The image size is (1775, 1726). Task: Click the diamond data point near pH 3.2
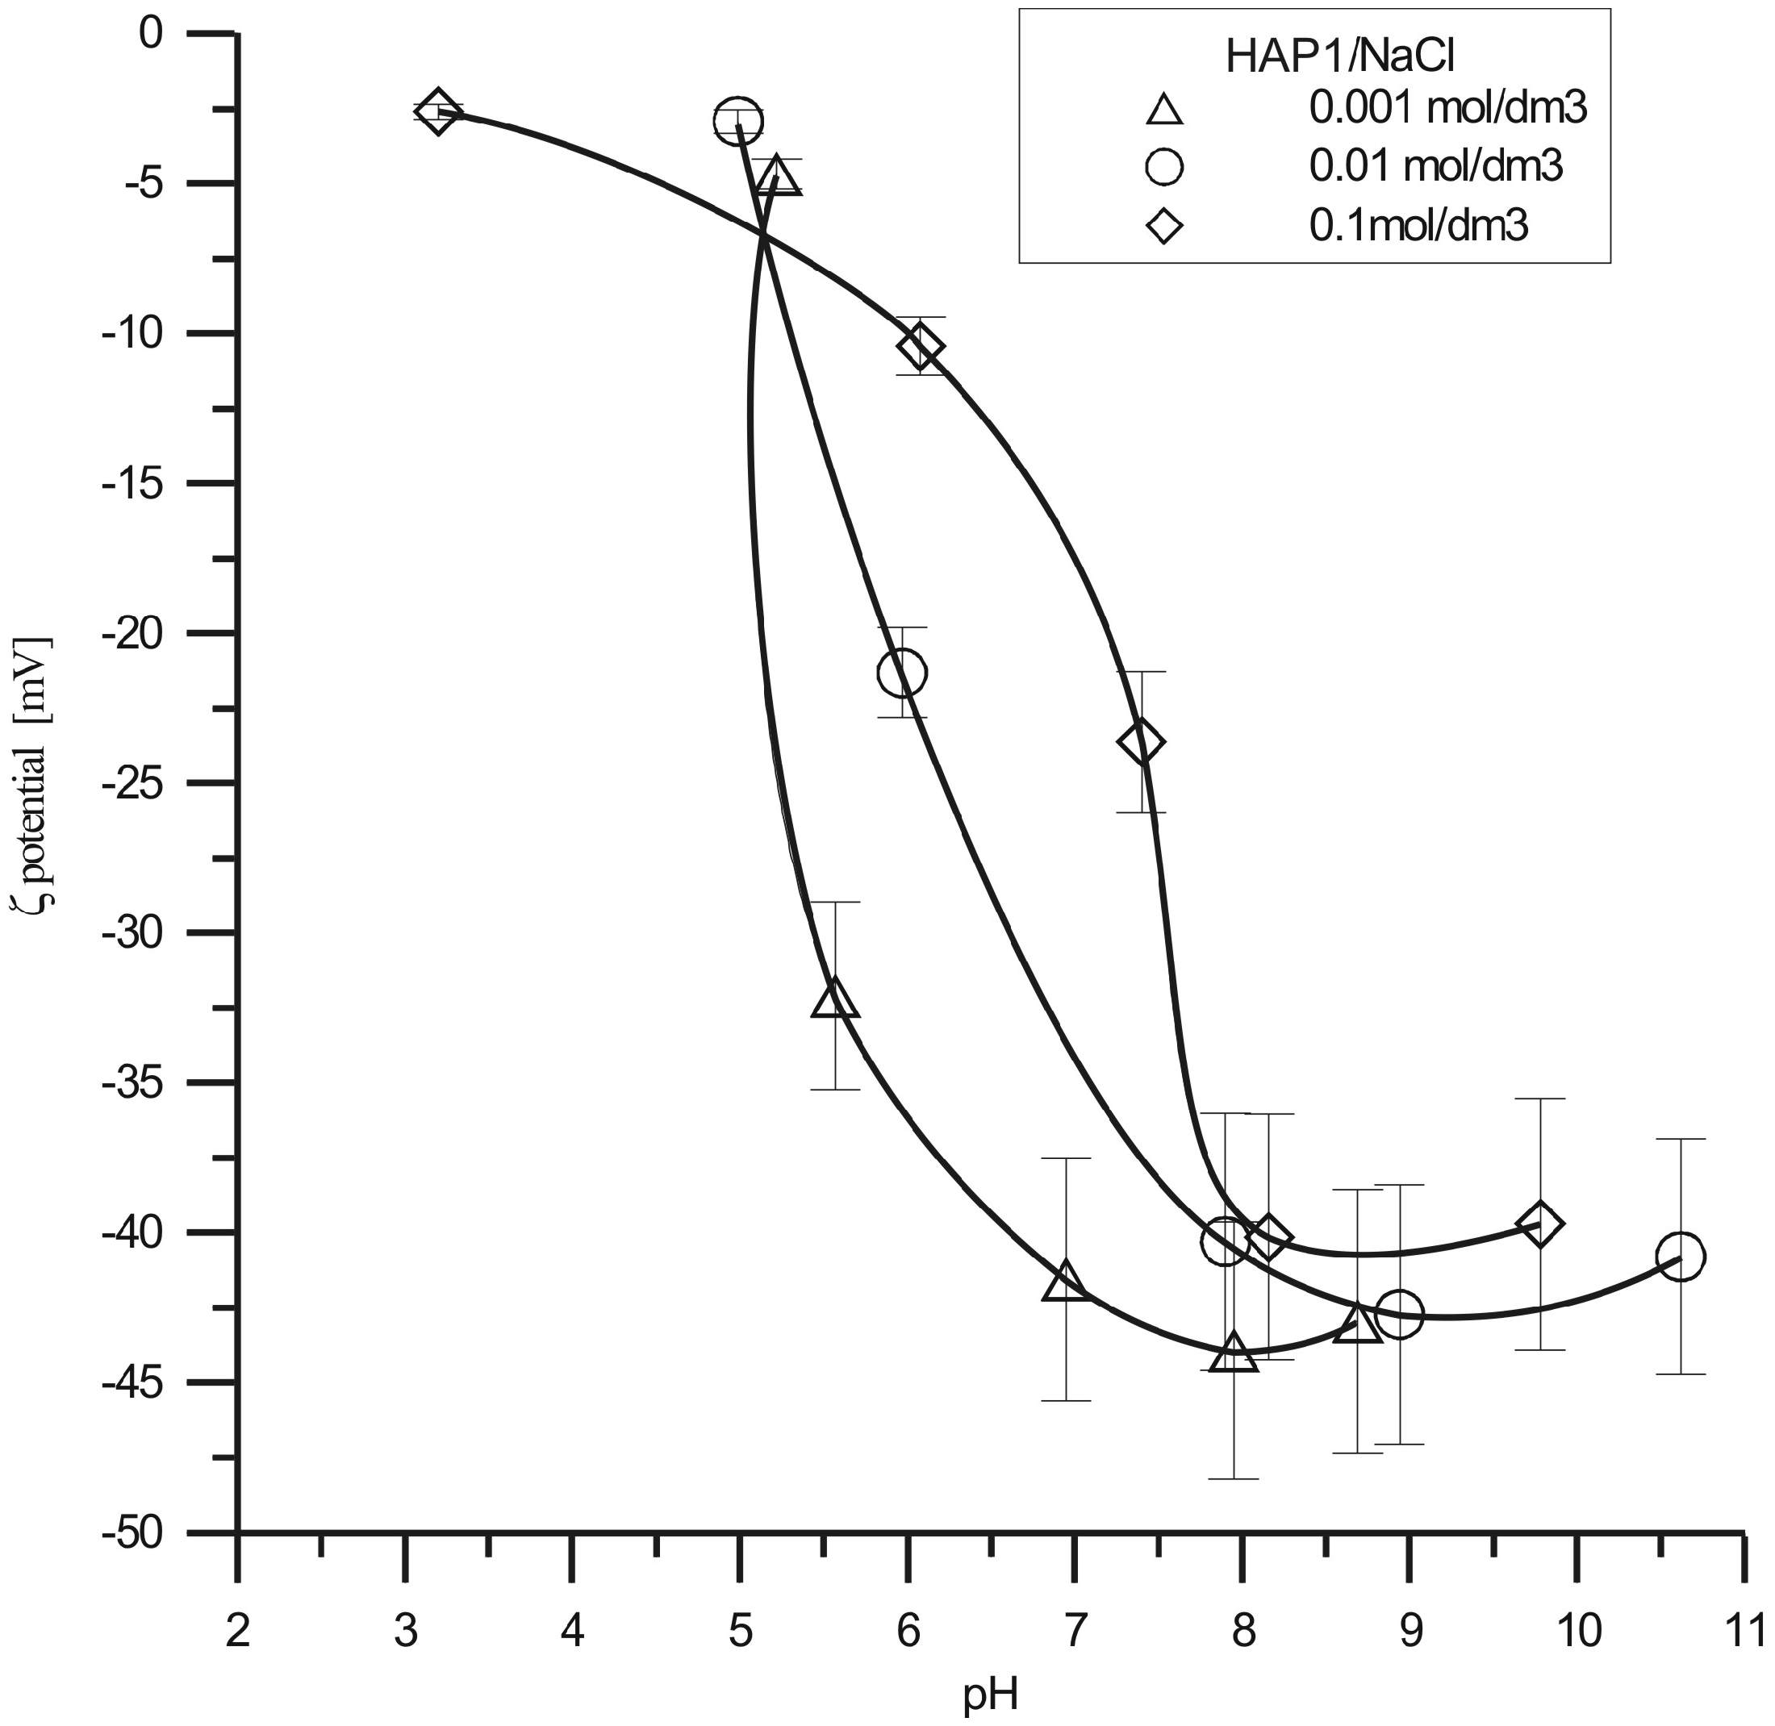click(438, 113)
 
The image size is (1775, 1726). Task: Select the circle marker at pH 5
click(737, 119)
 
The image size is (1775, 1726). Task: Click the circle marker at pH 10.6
click(1681, 1257)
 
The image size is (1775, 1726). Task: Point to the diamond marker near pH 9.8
click(1540, 1224)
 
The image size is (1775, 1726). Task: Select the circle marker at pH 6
click(901, 673)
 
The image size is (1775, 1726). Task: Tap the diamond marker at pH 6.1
click(921, 346)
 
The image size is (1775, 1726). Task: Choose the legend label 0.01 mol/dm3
click(1437, 167)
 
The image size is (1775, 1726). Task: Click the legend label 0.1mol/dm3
click(1418, 226)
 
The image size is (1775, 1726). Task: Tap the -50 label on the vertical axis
click(136, 1533)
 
